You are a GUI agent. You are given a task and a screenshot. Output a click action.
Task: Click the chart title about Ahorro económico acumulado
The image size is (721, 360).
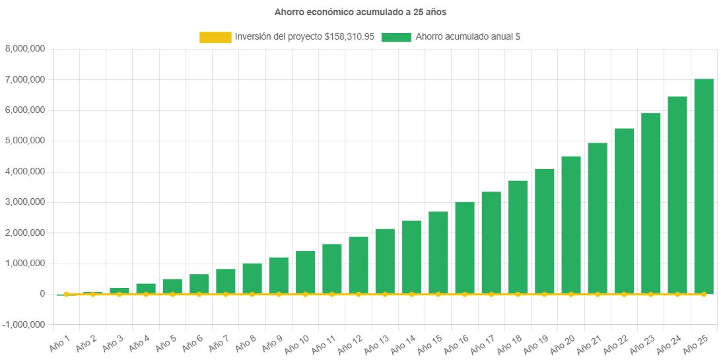[x=360, y=12]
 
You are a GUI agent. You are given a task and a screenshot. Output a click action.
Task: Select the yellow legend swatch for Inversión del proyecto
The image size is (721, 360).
[x=215, y=38]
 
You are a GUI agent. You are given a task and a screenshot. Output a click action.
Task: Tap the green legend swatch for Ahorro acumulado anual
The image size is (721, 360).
[x=396, y=38]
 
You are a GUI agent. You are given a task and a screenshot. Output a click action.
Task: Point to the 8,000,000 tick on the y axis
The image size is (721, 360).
[x=24, y=49]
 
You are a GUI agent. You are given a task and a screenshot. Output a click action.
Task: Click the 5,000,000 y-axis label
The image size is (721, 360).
[x=24, y=141]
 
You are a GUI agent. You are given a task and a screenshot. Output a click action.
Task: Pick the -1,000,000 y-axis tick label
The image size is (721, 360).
[x=23, y=325]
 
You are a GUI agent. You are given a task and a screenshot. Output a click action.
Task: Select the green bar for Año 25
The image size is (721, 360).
[x=704, y=185]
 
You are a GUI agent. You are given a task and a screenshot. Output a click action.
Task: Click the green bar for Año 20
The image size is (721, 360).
[x=571, y=225]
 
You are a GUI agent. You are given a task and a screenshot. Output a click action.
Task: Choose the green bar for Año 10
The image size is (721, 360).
[x=305, y=272]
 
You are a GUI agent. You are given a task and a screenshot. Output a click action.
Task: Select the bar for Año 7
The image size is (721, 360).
[x=226, y=281]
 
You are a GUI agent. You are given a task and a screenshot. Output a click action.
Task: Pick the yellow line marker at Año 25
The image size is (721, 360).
[x=704, y=294]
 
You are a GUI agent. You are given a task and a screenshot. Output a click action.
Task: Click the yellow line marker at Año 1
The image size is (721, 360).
[x=66, y=294]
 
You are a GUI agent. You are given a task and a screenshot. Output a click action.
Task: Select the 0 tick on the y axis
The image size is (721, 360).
[x=42, y=294]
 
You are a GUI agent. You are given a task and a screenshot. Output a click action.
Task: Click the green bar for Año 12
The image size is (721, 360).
[x=359, y=265]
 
